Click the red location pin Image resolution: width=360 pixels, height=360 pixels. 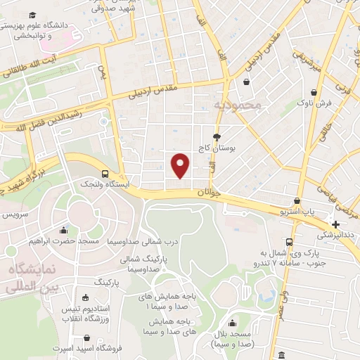181,165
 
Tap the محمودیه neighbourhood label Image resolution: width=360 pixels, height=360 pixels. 238,105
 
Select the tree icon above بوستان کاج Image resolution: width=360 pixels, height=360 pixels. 216,137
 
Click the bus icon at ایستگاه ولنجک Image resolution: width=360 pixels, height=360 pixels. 105,173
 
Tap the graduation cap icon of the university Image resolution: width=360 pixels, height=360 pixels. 32,15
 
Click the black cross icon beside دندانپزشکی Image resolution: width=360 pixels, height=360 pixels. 335,224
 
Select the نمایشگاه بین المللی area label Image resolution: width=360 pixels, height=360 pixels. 28,278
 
